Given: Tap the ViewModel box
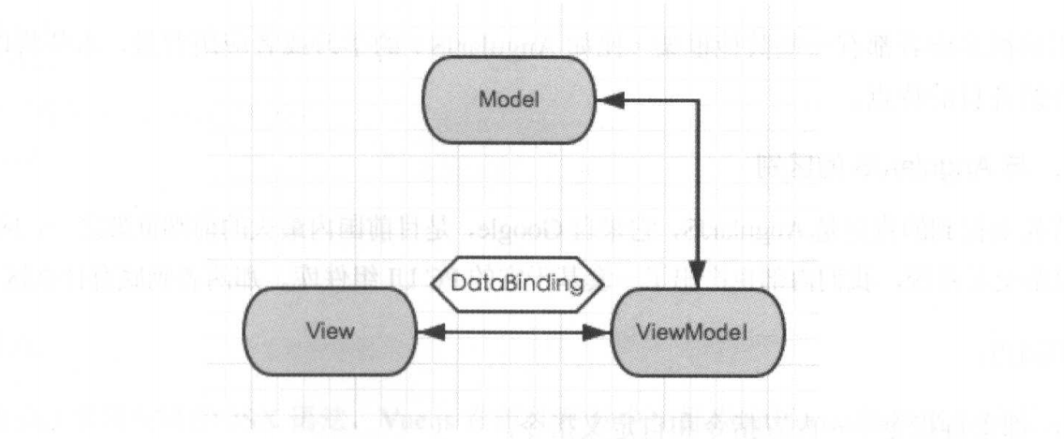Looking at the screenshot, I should point(698,332).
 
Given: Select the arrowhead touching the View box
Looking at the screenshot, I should point(426,331).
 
